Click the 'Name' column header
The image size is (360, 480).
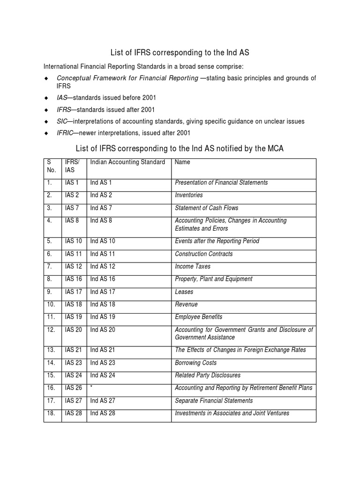(x=182, y=162)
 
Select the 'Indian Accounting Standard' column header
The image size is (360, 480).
(x=127, y=162)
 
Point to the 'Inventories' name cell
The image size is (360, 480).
(x=188, y=195)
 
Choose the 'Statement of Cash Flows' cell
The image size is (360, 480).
(x=206, y=208)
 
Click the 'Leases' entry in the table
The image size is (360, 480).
(x=184, y=292)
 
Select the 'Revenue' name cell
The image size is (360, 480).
(x=186, y=304)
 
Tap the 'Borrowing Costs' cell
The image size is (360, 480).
(x=195, y=363)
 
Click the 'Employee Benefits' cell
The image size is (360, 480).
(x=198, y=317)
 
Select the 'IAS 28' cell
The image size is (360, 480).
(x=74, y=413)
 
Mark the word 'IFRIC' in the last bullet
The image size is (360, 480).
(x=65, y=133)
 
